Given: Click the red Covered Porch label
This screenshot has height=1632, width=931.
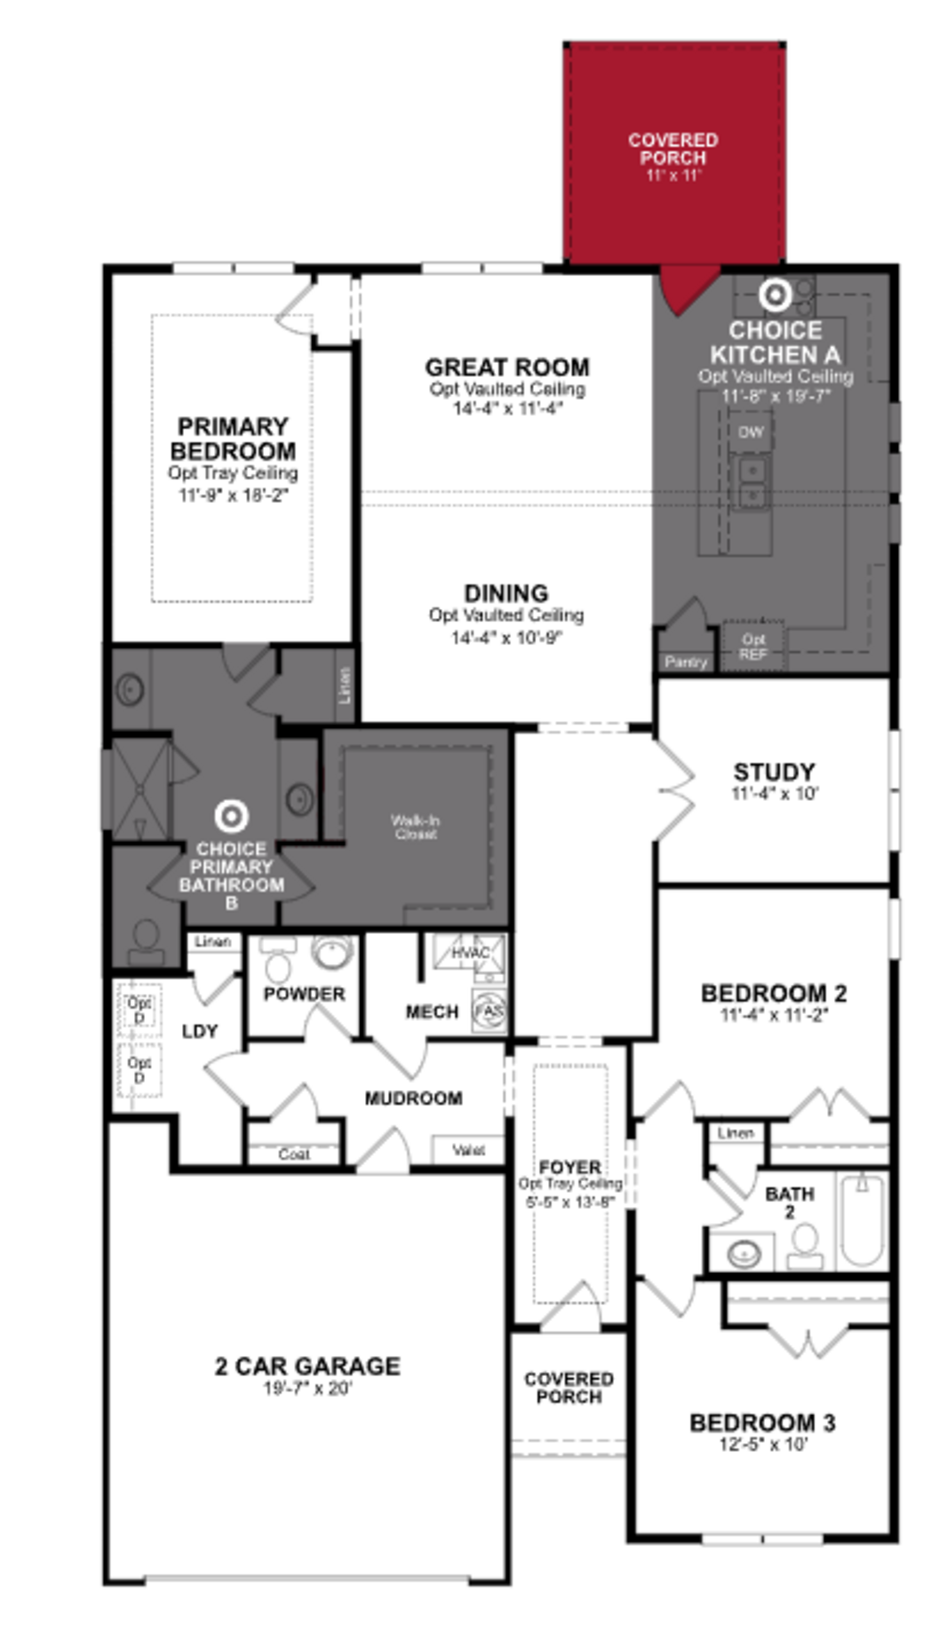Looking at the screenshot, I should coord(673,148).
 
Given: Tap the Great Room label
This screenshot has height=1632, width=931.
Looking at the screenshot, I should coord(507,367).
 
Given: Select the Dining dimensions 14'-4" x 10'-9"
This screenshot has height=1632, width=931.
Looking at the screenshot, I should coord(506,638).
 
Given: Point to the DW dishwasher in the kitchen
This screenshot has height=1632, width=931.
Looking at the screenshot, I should coord(751,432).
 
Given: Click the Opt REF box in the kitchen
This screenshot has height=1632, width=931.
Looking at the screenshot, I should coord(753,646).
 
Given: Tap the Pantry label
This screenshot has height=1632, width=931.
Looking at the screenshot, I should coord(685,662).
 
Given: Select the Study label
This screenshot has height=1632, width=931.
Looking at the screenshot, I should coord(774,771).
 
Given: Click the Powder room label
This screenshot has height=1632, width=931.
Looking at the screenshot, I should coord(304,993).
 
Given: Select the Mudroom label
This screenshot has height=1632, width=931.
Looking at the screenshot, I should coord(414,1098).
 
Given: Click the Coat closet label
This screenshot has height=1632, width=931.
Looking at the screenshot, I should coord(294,1154).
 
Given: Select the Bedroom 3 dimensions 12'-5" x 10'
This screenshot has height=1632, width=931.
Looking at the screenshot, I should coord(763,1444).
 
